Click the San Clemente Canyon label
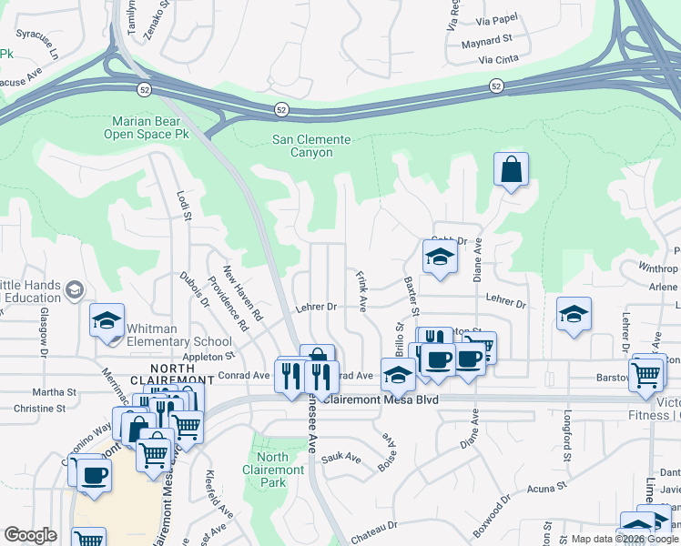coord(311,146)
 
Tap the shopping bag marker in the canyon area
coord(512,170)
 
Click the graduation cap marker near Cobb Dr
coord(439,258)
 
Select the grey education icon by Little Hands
coord(74,290)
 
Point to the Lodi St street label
coord(185,205)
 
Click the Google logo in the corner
coord(30,536)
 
